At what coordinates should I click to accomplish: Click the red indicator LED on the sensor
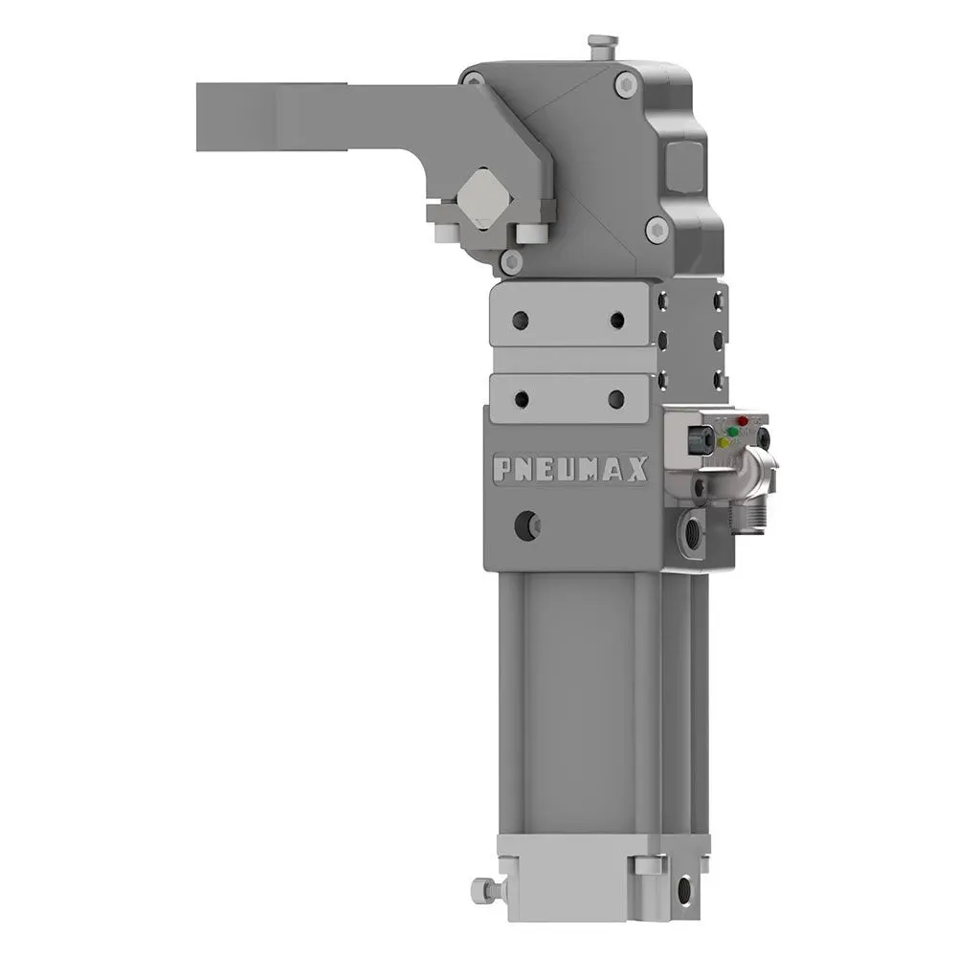(x=743, y=421)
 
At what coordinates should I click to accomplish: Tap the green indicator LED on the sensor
(x=733, y=432)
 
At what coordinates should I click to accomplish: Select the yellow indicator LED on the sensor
(x=723, y=442)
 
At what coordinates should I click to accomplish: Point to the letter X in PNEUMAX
(x=637, y=469)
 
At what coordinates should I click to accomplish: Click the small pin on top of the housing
(x=602, y=45)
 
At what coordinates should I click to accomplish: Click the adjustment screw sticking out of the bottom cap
(x=486, y=890)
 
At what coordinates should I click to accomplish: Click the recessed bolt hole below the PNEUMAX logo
(x=526, y=523)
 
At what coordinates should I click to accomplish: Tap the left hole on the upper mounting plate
(x=521, y=320)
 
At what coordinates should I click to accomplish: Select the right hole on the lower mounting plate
(x=616, y=398)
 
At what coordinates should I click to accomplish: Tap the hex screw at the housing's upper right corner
(x=627, y=85)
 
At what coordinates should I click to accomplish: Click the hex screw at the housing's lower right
(x=656, y=228)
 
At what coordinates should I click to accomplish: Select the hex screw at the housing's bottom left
(x=513, y=260)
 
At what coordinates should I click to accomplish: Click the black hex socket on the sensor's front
(x=701, y=438)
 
